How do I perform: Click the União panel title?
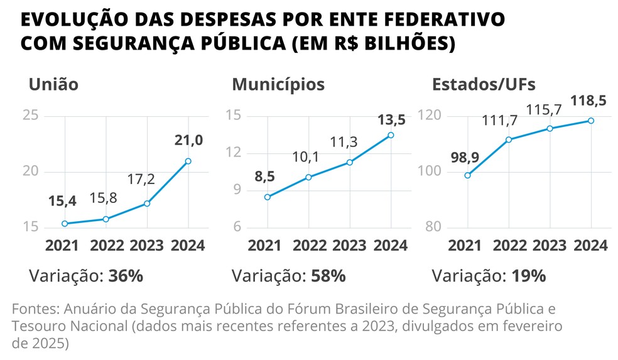(53, 84)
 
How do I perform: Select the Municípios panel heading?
(278, 84)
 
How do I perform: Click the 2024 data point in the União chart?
(188, 161)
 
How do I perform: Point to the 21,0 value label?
(188, 140)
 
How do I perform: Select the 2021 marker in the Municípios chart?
(268, 197)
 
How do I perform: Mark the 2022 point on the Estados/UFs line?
(509, 139)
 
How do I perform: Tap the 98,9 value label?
(466, 156)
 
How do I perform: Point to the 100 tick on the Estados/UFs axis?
(433, 172)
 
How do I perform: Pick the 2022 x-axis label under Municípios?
(309, 245)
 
